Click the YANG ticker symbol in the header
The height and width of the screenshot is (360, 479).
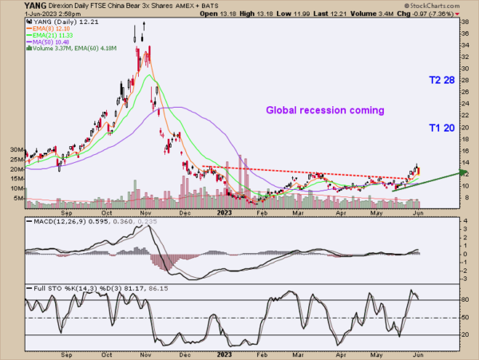pyautogui.click(x=13, y=6)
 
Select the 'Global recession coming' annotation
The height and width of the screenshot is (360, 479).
pyautogui.click(x=325, y=110)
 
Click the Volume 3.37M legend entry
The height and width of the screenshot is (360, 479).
pyautogui.click(x=53, y=49)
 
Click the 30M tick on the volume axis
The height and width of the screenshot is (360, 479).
pyautogui.click(x=15, y=149)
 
